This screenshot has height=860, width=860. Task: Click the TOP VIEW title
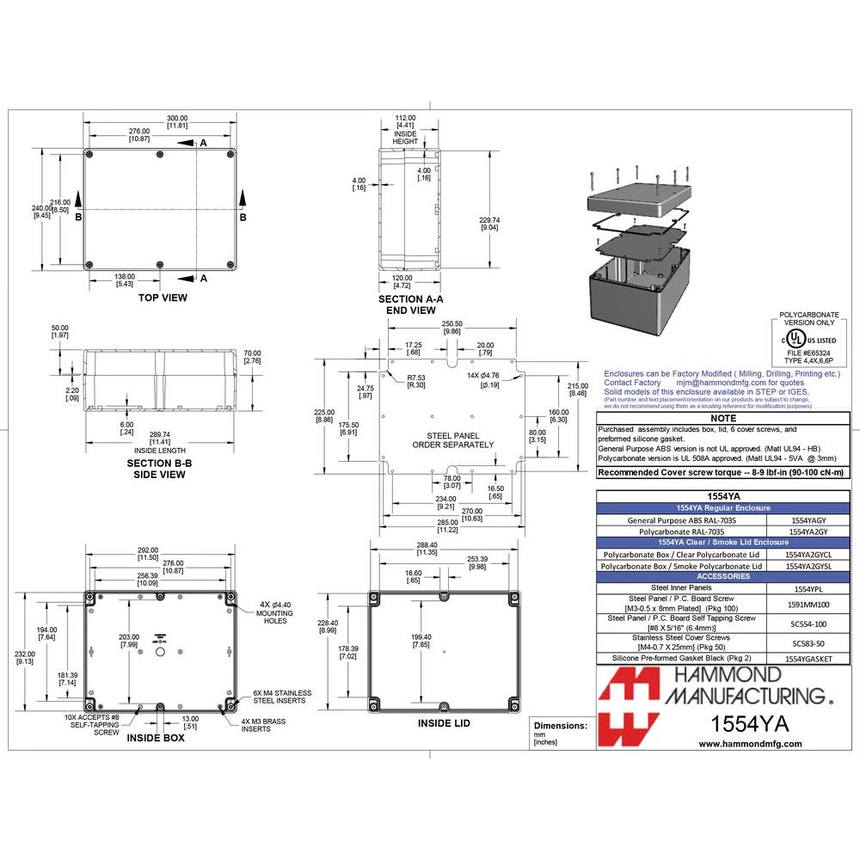coord(163,298)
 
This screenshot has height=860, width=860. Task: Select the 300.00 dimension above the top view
coord(177,120)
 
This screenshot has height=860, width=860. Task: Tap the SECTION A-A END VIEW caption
coord(411,304)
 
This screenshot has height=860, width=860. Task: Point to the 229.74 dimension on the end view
coord(489,224)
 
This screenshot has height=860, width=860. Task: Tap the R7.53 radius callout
coord(417,381)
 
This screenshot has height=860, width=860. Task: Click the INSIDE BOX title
coord(156,738)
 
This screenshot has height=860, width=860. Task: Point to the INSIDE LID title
coord(443,723)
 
